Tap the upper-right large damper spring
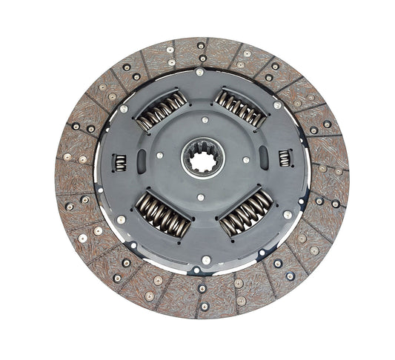coord(240,108)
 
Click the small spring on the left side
coord(119,161)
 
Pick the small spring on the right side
coord(285,158)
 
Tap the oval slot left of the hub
coord(142,161)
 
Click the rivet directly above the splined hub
coord(205,119)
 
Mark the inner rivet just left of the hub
coord(159,156)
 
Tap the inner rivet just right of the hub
coord(245,159)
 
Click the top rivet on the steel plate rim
coord(200,73)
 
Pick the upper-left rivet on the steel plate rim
coord(124,109)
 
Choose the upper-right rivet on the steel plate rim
coord(277,105)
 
